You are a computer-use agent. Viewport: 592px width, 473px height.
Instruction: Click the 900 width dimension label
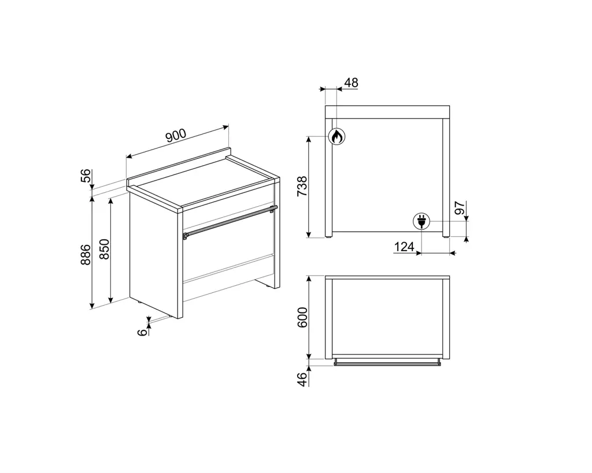pyautogui.click(x=176, y=136)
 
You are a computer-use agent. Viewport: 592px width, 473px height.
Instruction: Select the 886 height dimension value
pyautogui.click(x=86, y=255)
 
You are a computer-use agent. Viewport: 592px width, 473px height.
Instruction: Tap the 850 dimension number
pyautogui.click(x=104, y=249)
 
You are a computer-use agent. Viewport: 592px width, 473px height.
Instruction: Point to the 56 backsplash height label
pyautogui.click(x=87, y=176)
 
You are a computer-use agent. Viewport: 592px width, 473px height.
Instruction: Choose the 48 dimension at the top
pyautogui.click(x=351, y=83)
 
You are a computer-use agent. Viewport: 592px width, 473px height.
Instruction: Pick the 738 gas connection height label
pyautogui.click(x=302, y=186)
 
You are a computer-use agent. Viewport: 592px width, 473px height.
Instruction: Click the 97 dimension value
pyautogui.click(x=460, y=208)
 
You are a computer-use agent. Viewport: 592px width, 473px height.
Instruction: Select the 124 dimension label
pyautogui.click(x=404, y=247)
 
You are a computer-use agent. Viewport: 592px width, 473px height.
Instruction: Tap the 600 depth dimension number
pyautogui.click(x=302, y=317)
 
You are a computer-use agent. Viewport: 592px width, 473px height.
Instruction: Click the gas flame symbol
pyautogui.click(x=336, y=136)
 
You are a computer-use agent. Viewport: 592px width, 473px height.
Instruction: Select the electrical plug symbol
pyautogui.click(x=421, y=221)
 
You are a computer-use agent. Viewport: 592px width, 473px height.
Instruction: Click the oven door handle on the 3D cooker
pyautogui.click(x=230, y=222)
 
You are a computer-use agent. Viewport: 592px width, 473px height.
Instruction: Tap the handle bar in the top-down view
pyautogui.click(x=387, y=363)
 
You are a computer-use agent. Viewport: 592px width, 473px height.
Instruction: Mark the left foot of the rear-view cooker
pyautogui.click(x=329, y=236)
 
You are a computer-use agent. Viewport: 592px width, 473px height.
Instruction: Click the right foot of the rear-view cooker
pyautogui.click(x=446, y=236)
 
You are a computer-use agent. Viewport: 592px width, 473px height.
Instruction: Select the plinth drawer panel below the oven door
pyautogui.click(x=228, y=278)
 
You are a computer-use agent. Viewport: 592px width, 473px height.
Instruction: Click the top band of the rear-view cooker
pyautogui.click(x=387, y=112)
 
